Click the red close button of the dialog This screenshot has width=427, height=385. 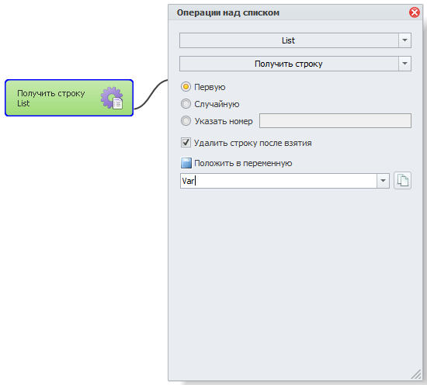(415, 12)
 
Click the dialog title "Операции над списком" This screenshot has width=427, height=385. (228, 12)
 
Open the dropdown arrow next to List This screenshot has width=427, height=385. (404, 40)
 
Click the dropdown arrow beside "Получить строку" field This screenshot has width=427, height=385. (404, 64)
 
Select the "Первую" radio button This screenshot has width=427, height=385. (186, 87)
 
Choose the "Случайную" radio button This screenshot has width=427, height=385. (186, 104)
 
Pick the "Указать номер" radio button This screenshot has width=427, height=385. (186, 121)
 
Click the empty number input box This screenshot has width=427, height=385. (335, 120)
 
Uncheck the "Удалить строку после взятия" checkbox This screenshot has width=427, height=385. (186, 143)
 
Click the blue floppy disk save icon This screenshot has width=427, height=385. (186, 163)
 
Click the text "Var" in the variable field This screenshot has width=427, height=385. (188, 181)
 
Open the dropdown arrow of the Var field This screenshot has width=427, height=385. (383, 181)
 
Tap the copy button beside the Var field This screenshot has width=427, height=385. (402, 181)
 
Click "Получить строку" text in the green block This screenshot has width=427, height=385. (51, 93)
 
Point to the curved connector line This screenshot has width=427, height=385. (151, 94)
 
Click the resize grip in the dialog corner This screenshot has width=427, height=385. (416, 374)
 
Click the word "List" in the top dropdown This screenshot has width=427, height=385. (288, 40)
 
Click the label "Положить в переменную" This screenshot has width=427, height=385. (243, 163)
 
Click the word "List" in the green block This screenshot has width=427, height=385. (23, 103)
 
